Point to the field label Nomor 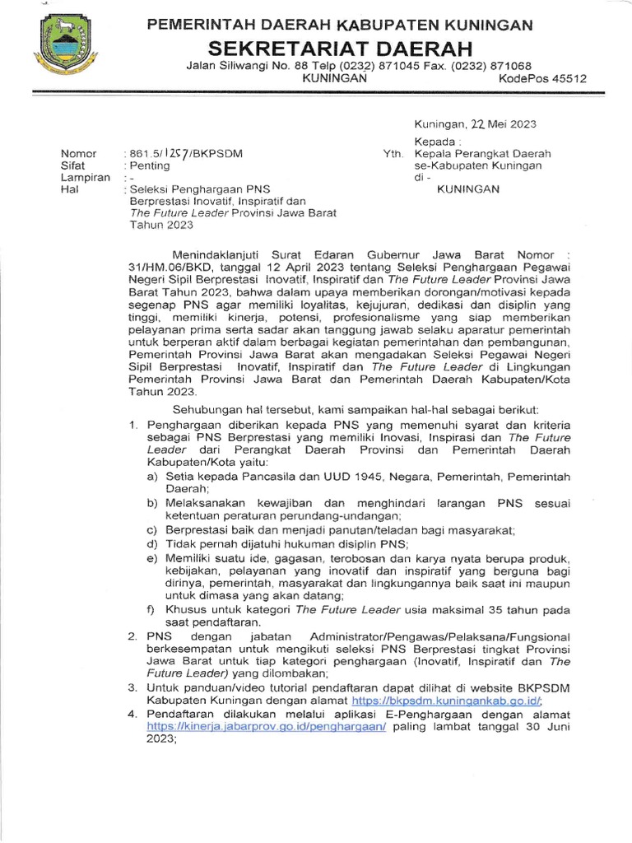79,154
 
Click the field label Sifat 74,165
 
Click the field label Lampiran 85,177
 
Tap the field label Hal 68,189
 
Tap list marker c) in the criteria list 152,529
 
